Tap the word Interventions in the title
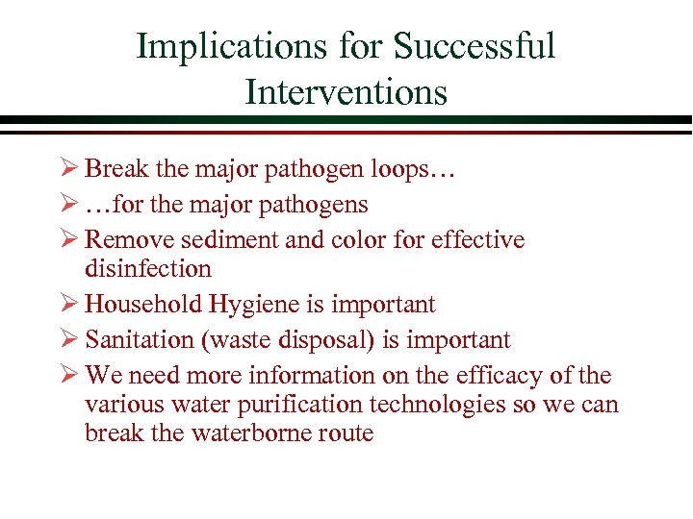[346, 92]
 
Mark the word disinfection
[147, 268]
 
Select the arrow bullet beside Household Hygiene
[69, 305]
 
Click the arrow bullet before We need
[69, 375]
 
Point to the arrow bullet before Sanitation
[69, 339]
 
